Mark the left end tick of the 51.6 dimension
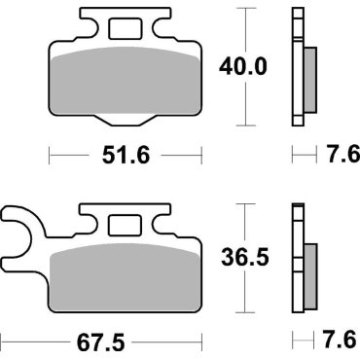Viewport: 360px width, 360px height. point(50,154)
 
